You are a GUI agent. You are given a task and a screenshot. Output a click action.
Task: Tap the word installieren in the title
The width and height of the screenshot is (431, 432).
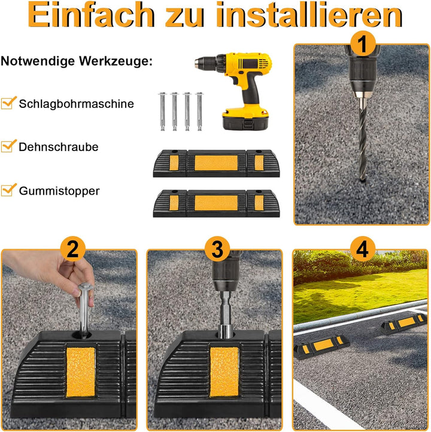point(318,16)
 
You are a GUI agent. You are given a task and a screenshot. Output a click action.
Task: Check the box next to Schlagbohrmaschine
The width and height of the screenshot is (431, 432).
point(8,103)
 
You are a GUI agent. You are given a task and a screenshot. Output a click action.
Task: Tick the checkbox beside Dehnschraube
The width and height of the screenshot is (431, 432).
point(8,146)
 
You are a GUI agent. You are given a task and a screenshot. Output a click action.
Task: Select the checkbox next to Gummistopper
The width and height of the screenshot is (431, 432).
point(8,190)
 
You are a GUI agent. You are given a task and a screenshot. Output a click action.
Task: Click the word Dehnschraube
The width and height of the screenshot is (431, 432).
point(59,147)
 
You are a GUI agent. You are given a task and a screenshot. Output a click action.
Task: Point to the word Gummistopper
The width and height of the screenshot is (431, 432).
point(59,191)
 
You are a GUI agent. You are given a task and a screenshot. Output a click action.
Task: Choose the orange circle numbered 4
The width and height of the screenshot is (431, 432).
point(361,248)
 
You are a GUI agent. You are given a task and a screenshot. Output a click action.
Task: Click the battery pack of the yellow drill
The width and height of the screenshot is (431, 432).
point(246,122)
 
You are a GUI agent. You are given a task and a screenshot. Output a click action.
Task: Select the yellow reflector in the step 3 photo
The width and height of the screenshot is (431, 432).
point(223,371)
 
